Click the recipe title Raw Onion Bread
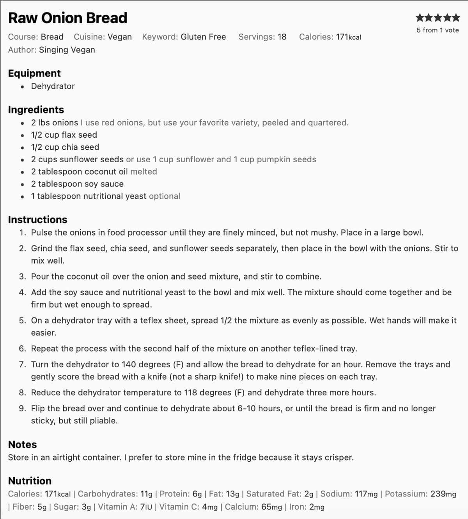point(67,18)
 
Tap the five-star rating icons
point(438,18)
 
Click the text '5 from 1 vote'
point(438,30)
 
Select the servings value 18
point(282,37)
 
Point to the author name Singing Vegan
point(67,50)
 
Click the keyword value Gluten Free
point(203,37)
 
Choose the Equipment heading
point(34,73)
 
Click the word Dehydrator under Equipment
point(53,86)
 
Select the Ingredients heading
point(36,110)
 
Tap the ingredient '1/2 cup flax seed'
point(64,135)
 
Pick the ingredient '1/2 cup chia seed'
point(65,147)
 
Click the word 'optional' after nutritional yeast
point(165,196)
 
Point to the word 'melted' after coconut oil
point(144,172)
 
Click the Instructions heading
point(37,220)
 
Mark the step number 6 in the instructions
point(23,349)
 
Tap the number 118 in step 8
point(191,392)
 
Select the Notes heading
point(22,445)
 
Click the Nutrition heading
point(30,481)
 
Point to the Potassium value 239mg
point(443,494)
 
